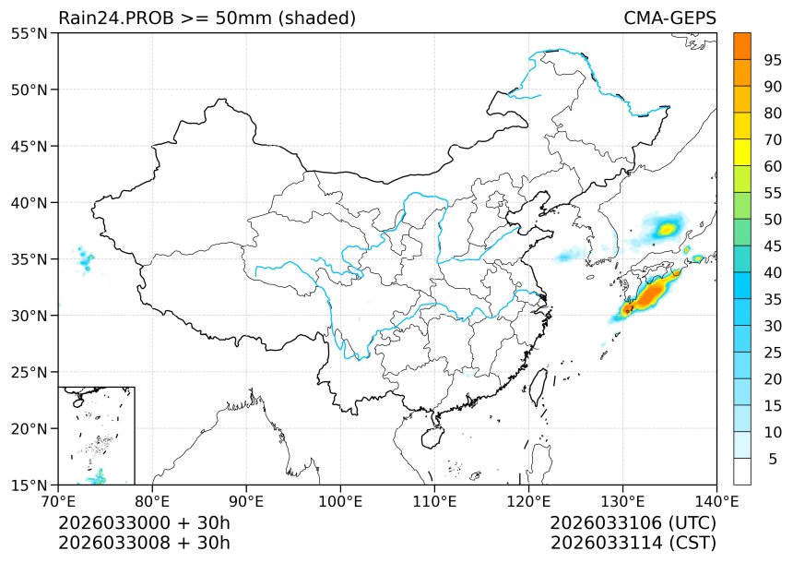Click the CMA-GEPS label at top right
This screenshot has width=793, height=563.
tap(669, 18)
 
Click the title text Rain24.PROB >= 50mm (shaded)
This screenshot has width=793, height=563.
tap(207, 18)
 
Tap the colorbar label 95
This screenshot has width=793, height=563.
tap(773, 60)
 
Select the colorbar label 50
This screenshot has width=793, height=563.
tap(773, 220)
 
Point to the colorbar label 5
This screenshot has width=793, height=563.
tap(773, 459)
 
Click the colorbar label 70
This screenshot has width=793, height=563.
tap(773, 139)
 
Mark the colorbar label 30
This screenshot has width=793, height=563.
tap(773, 326)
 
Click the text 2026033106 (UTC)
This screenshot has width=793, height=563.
tap(633, 523)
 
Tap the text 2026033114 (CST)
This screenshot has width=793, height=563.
tap(633, 542)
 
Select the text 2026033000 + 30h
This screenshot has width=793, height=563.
tap(144, 523)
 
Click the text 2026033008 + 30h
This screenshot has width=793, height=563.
tap(144, 542)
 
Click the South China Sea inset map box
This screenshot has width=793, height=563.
tap(97, 436)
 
